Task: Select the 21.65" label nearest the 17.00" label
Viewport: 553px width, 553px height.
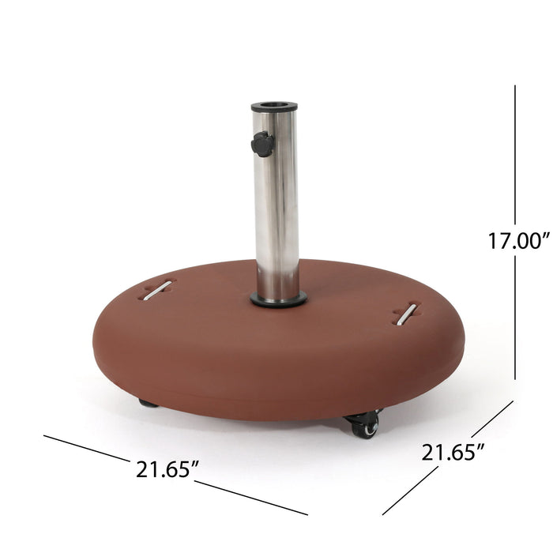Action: coord(452,453)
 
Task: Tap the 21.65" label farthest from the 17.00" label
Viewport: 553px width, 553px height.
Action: coord(165,469)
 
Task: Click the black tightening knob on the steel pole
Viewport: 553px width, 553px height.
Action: coord(262,144)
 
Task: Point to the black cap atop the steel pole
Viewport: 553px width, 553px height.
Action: coord(274,106)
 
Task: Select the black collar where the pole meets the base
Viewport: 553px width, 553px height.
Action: coord(279,299)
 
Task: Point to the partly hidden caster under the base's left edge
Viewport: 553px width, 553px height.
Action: coord(149,403)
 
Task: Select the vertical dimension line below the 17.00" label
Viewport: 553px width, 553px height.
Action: coord(515,316)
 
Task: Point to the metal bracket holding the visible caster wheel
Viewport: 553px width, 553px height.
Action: coord(362,414)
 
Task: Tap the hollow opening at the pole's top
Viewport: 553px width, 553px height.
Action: coord(274,103)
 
